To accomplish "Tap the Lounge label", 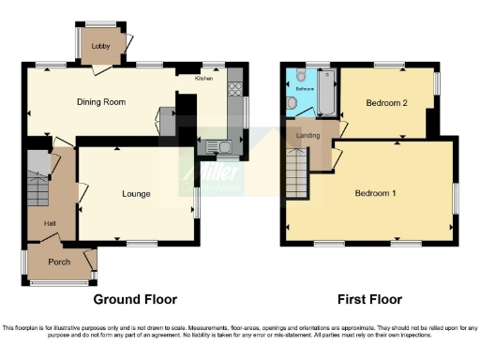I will coord(137,194).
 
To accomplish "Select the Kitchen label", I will coord(203,80).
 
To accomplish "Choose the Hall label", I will coord(50,223).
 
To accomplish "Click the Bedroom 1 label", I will coord(375,194).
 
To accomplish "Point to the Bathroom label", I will coord(306,89).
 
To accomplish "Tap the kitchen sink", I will coord(219,145).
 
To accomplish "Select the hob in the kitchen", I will coord(233,91).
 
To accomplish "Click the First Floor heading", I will coord(370,300).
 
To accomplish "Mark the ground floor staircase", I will coord(37,183).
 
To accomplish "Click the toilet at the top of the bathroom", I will coord(298,74).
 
